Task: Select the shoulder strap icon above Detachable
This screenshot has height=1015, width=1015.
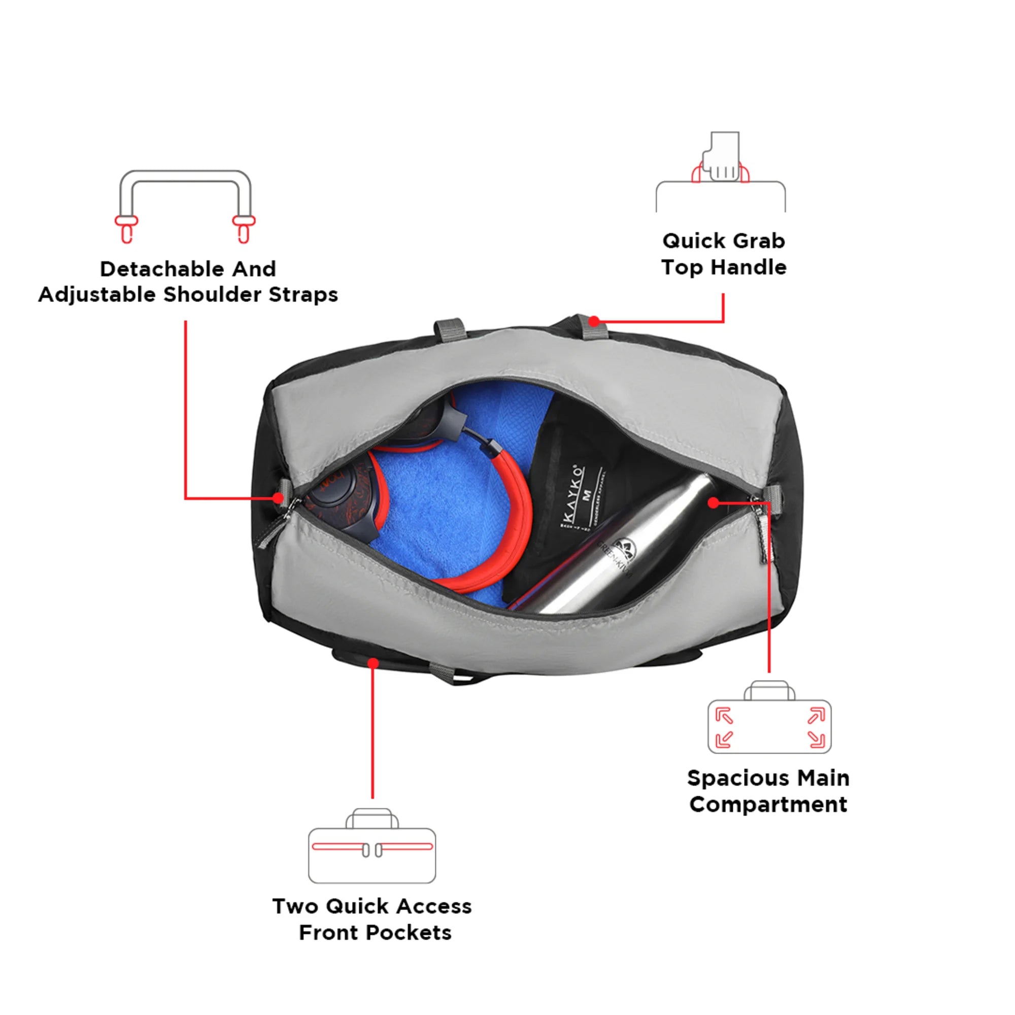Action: click(185, 206)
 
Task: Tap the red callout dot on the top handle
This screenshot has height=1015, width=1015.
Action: click(594, 321)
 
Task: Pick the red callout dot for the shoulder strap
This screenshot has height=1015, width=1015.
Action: click(279, 497)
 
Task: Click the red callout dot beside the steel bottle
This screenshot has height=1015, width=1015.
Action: click(713, 503)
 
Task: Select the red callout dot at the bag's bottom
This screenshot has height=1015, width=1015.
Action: click(373, 663)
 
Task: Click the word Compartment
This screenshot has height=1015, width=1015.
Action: click(768, 805)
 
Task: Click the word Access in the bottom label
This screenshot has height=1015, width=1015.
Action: click(433, 907)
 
